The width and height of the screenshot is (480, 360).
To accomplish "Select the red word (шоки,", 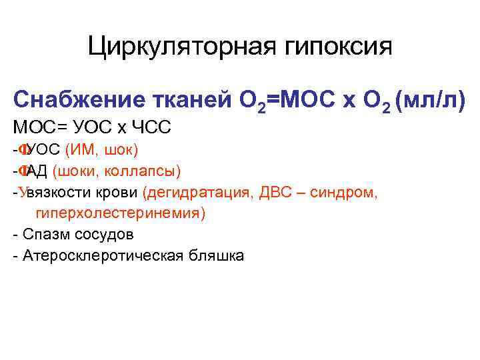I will point(73,171).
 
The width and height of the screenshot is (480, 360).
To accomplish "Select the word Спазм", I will point(41,235).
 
